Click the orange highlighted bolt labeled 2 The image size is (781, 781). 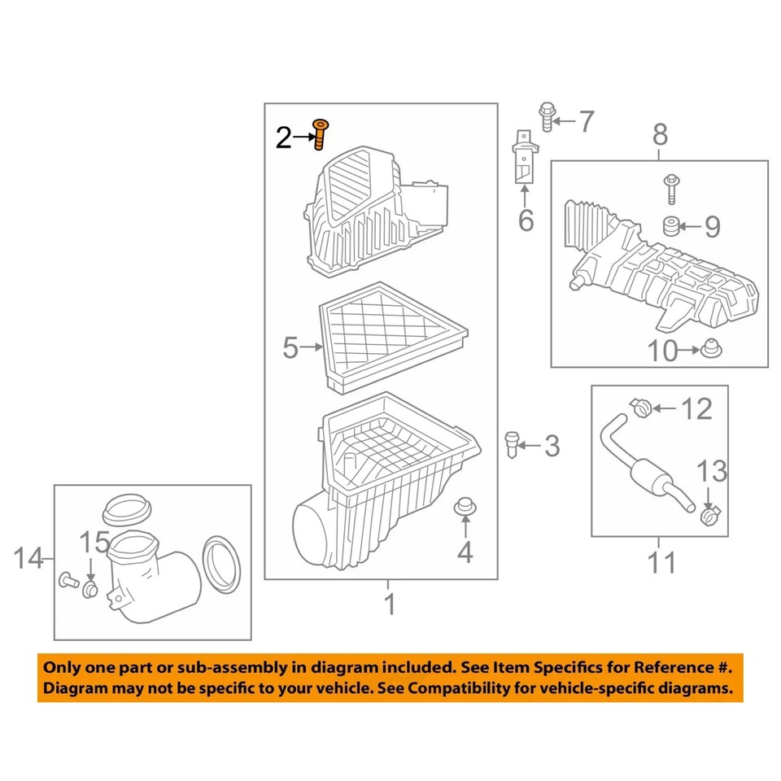pos(321,133)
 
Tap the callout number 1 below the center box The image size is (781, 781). pos(389,605)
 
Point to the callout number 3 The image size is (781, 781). pos(552,446)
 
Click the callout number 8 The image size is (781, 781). pos(659,134)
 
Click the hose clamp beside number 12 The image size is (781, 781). pos(641,405)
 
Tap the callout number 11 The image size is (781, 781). pos(660,561)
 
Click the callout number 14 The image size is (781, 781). pos(29,560)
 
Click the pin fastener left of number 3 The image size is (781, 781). pos(512,444)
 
